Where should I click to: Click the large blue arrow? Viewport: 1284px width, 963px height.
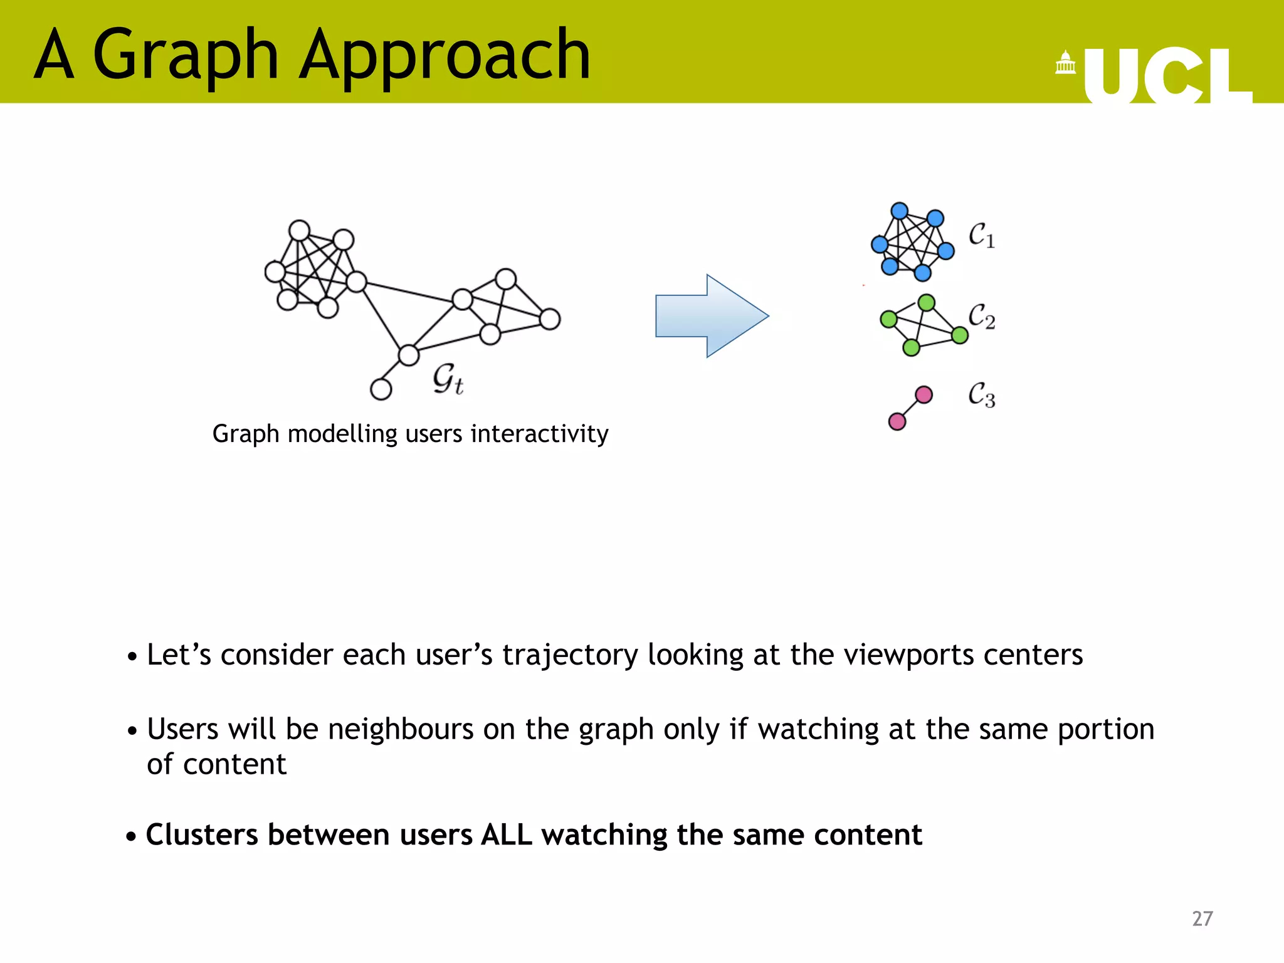click(711, 315)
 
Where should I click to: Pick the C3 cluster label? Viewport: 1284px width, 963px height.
click(981, 395)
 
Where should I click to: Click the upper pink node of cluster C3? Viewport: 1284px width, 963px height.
click(924, 394)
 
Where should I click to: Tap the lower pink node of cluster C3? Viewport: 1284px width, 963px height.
click(897, 421)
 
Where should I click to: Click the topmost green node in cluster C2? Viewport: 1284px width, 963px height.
click(926, 303)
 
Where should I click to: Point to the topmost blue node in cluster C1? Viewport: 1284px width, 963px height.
click(899, 210)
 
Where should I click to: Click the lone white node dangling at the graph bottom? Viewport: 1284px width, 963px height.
click(381, 389)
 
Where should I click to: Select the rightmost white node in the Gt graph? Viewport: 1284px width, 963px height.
click(550, 319)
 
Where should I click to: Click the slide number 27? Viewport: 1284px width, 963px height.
click(1202, 918)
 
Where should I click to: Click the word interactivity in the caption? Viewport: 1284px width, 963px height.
click(539, 434)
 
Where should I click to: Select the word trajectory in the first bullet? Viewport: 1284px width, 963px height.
click(570, 655)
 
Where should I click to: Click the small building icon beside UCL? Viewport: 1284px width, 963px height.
click(1065, 63)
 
